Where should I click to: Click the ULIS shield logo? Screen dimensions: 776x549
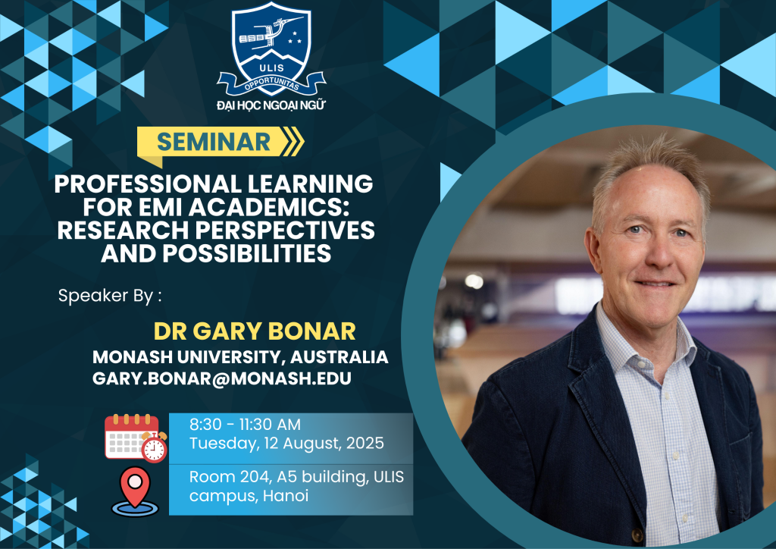click(271, 49)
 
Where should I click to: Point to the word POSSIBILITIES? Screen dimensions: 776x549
click(247, 253)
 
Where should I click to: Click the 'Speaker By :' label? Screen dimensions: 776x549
click(110, 296)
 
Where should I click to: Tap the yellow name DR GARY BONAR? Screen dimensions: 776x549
click(255, 331)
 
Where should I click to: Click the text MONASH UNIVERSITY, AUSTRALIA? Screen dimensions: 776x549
click(240, 357)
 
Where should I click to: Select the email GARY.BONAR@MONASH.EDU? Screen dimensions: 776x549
click(222, 378)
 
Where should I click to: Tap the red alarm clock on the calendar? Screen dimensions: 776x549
click(155, 447)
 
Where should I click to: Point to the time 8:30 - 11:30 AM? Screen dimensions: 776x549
click(245, 425)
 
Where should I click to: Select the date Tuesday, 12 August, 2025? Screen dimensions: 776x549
click(286, 443)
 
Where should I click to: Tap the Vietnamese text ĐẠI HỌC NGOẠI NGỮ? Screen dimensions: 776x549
click(271, 105)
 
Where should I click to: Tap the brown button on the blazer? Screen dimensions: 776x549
click(637, 535)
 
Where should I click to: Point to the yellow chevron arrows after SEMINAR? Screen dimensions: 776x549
click(292, 142)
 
